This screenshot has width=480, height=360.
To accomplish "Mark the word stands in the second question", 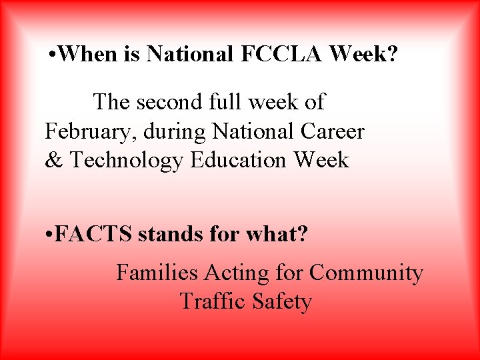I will [165, 235].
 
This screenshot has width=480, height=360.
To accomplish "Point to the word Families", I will [157, 273].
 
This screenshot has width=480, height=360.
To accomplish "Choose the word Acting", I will [236, 273].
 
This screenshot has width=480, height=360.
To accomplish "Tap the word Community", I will [366, 273].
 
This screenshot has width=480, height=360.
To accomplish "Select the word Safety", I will [282, 302].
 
